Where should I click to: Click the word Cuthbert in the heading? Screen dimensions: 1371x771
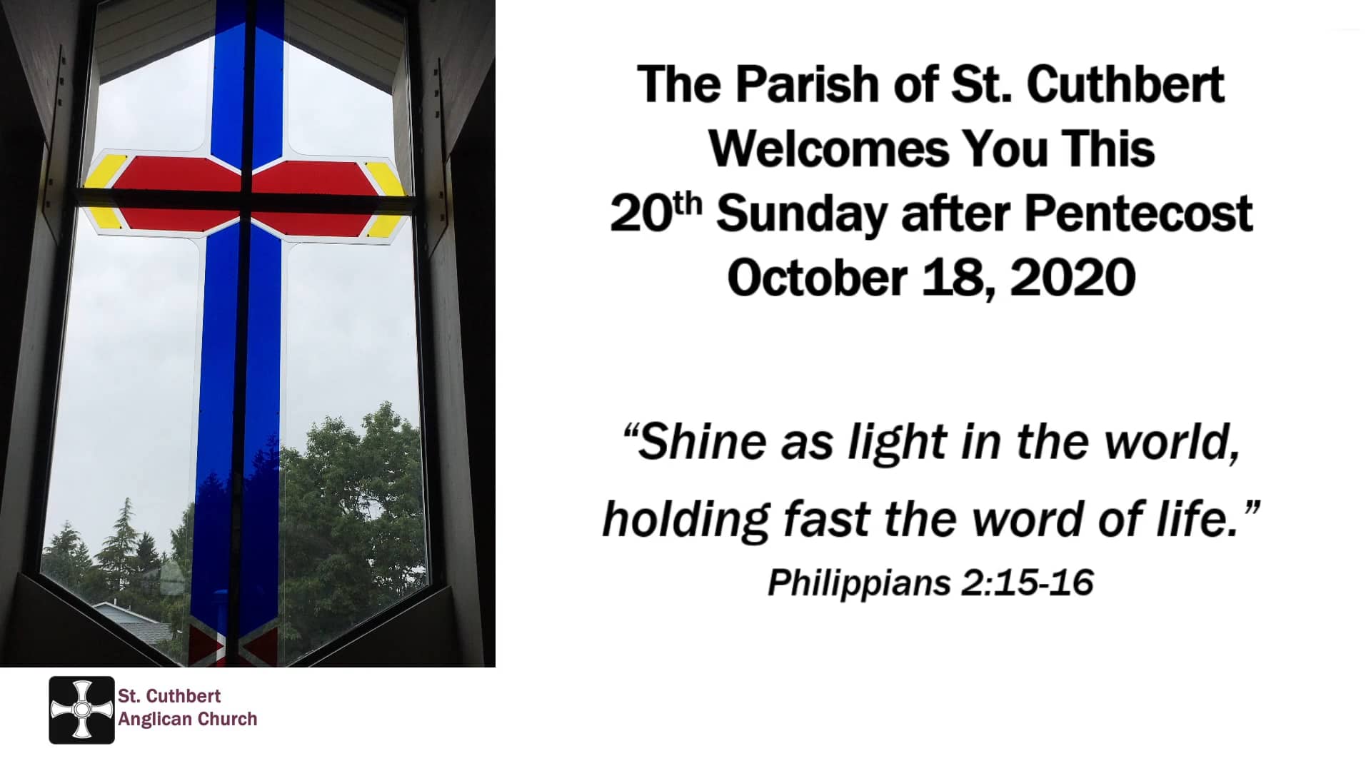point(1125,84)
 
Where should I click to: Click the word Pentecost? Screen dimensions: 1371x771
point(1138,213)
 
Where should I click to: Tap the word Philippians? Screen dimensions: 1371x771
point(859,583)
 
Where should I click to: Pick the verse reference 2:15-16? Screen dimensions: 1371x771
point(1028,583)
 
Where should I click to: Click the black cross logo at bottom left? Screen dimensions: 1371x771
point(81,710)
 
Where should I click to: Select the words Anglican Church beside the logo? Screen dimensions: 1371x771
point(188,719)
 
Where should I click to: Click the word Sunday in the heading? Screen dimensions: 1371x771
point(802,213)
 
